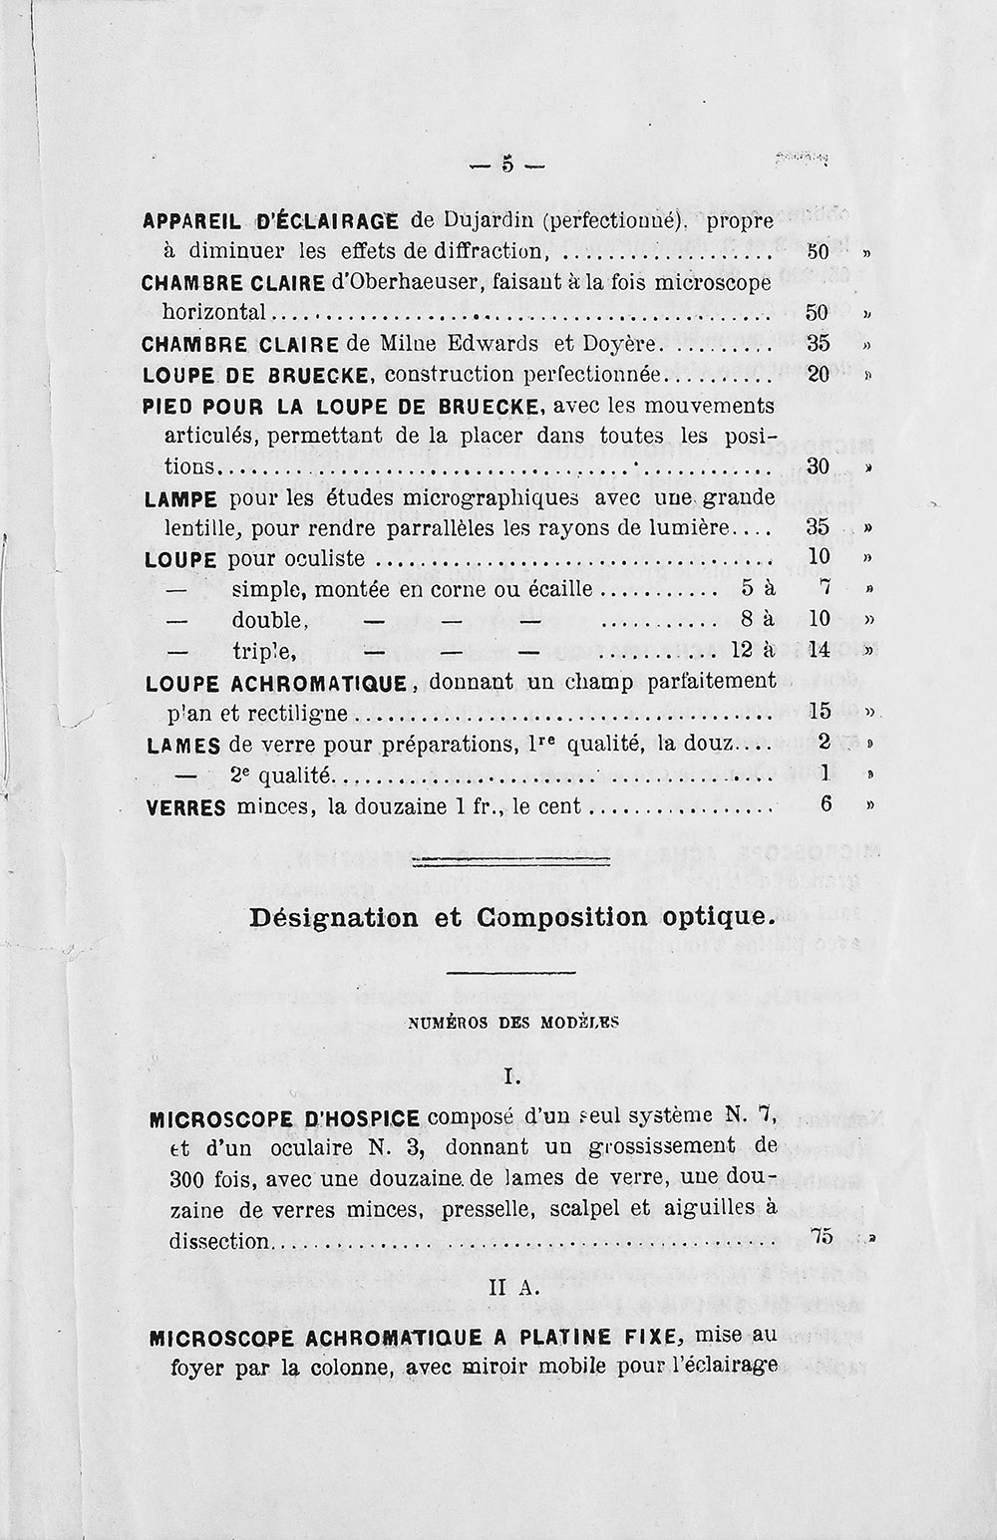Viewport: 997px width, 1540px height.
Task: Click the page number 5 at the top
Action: click(x=507, y=164)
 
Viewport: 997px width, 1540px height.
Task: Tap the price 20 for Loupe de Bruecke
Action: click(x=818, y=374)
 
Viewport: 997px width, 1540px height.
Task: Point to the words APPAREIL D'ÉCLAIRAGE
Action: click(x=270, y=220)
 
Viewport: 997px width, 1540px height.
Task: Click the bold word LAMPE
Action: click(x=181, y=497)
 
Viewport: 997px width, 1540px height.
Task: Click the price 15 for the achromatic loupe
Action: click(x=821, y=712)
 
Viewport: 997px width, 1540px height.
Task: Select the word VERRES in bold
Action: click(x=186, y=806)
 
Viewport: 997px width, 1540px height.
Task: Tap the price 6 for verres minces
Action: click(x=826, y=803)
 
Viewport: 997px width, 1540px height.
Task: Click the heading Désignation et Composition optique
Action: click(x=511, y=917)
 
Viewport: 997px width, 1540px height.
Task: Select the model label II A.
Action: click(x=513, y=1289)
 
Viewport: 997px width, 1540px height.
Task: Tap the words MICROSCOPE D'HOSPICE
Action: click(x=284, y=1118)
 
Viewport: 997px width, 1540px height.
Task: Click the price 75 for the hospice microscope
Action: click(x=822, y=1236)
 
